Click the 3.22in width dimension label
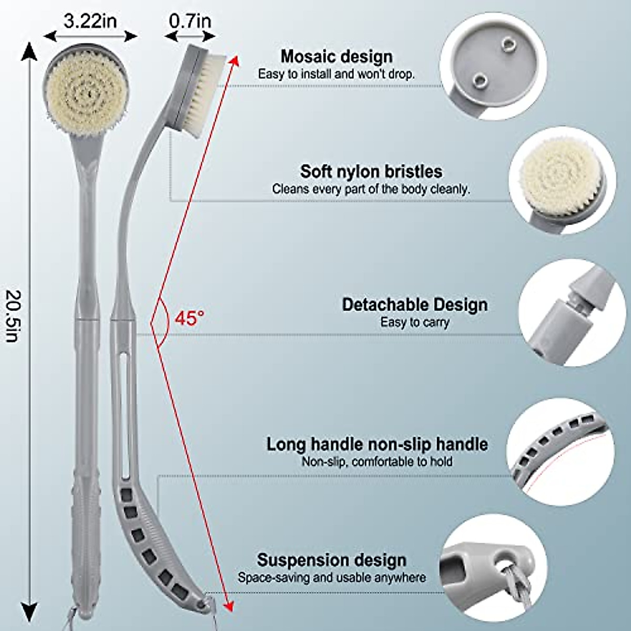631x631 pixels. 90,21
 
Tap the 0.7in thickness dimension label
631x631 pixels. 190,21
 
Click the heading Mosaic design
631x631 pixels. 336,56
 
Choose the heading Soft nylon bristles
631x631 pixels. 371,171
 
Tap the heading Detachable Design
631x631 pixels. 414,305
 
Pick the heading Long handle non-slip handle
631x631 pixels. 376,444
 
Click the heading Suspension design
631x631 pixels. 331,560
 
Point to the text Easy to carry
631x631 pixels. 414,322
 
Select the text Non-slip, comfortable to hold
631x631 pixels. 376,462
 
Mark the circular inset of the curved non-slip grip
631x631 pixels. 560,451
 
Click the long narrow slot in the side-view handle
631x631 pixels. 124,405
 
